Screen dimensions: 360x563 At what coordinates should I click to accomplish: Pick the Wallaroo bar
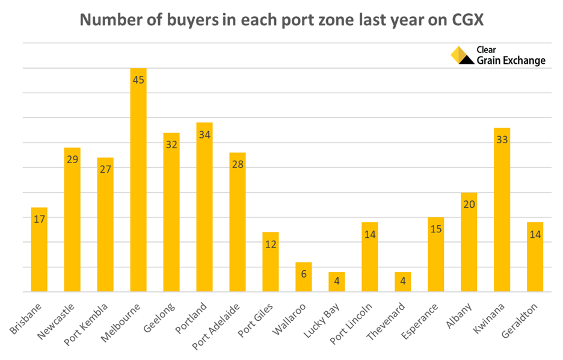[x=304, y=280]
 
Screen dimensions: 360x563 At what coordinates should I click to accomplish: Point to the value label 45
[x=138, y=79]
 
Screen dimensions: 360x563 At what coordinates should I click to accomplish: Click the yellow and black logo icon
[x=462, y=55]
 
